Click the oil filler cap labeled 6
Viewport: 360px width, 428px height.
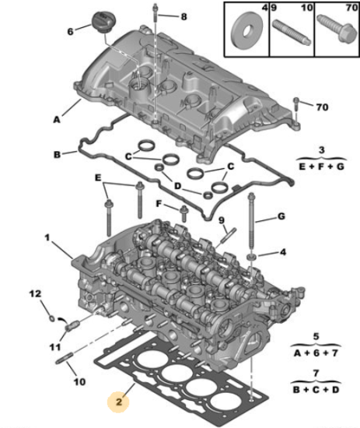coord(103,22)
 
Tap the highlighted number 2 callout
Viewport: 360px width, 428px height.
coord(119,402)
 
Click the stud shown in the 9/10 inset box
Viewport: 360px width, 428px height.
coord(292,33)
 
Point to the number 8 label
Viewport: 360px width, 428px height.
coord(184,16)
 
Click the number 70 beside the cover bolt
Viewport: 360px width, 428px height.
coord(322,107)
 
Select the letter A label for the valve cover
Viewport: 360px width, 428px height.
coord(57,120)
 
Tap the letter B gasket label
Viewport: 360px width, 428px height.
coord(57,155)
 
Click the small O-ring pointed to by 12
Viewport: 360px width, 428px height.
coord(51,318)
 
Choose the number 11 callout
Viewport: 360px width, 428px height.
coord(55,347)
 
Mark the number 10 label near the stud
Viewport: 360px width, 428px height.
coord(79,381)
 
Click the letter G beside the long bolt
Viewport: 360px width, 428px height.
coord(281,216)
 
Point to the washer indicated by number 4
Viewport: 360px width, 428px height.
coord(251,256)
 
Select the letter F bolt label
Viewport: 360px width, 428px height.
coord(159,204)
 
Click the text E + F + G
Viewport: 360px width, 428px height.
coord(322,167)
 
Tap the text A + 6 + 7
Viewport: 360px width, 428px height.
coord(316,353)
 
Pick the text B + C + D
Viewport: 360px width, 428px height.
coord(316,390)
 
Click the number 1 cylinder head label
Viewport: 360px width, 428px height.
coord(47,238)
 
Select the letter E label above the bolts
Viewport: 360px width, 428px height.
coord(98,178)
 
